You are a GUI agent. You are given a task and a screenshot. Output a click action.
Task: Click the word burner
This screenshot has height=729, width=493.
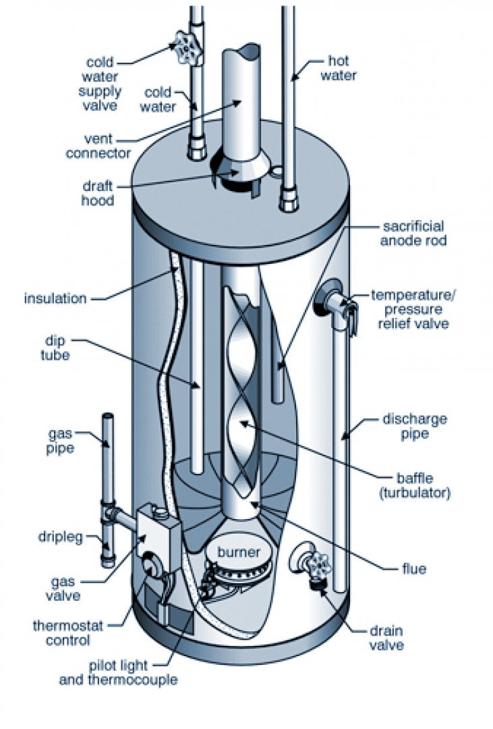238,553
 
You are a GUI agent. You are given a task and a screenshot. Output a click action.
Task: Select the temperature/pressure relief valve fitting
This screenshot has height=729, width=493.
332,300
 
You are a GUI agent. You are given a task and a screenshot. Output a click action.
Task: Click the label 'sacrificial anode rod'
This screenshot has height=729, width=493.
413,234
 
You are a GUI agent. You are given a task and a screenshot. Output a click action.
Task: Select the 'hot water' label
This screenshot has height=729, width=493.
337,68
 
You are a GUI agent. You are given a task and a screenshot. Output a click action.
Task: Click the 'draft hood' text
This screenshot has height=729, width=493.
98,192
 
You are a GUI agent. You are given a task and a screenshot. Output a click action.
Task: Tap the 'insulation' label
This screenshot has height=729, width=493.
55,298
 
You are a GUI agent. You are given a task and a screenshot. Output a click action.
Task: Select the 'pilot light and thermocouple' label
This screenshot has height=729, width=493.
119,673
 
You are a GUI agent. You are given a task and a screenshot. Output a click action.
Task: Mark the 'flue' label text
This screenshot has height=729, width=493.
413,569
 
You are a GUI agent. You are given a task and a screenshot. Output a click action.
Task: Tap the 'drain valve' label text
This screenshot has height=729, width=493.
386,639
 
